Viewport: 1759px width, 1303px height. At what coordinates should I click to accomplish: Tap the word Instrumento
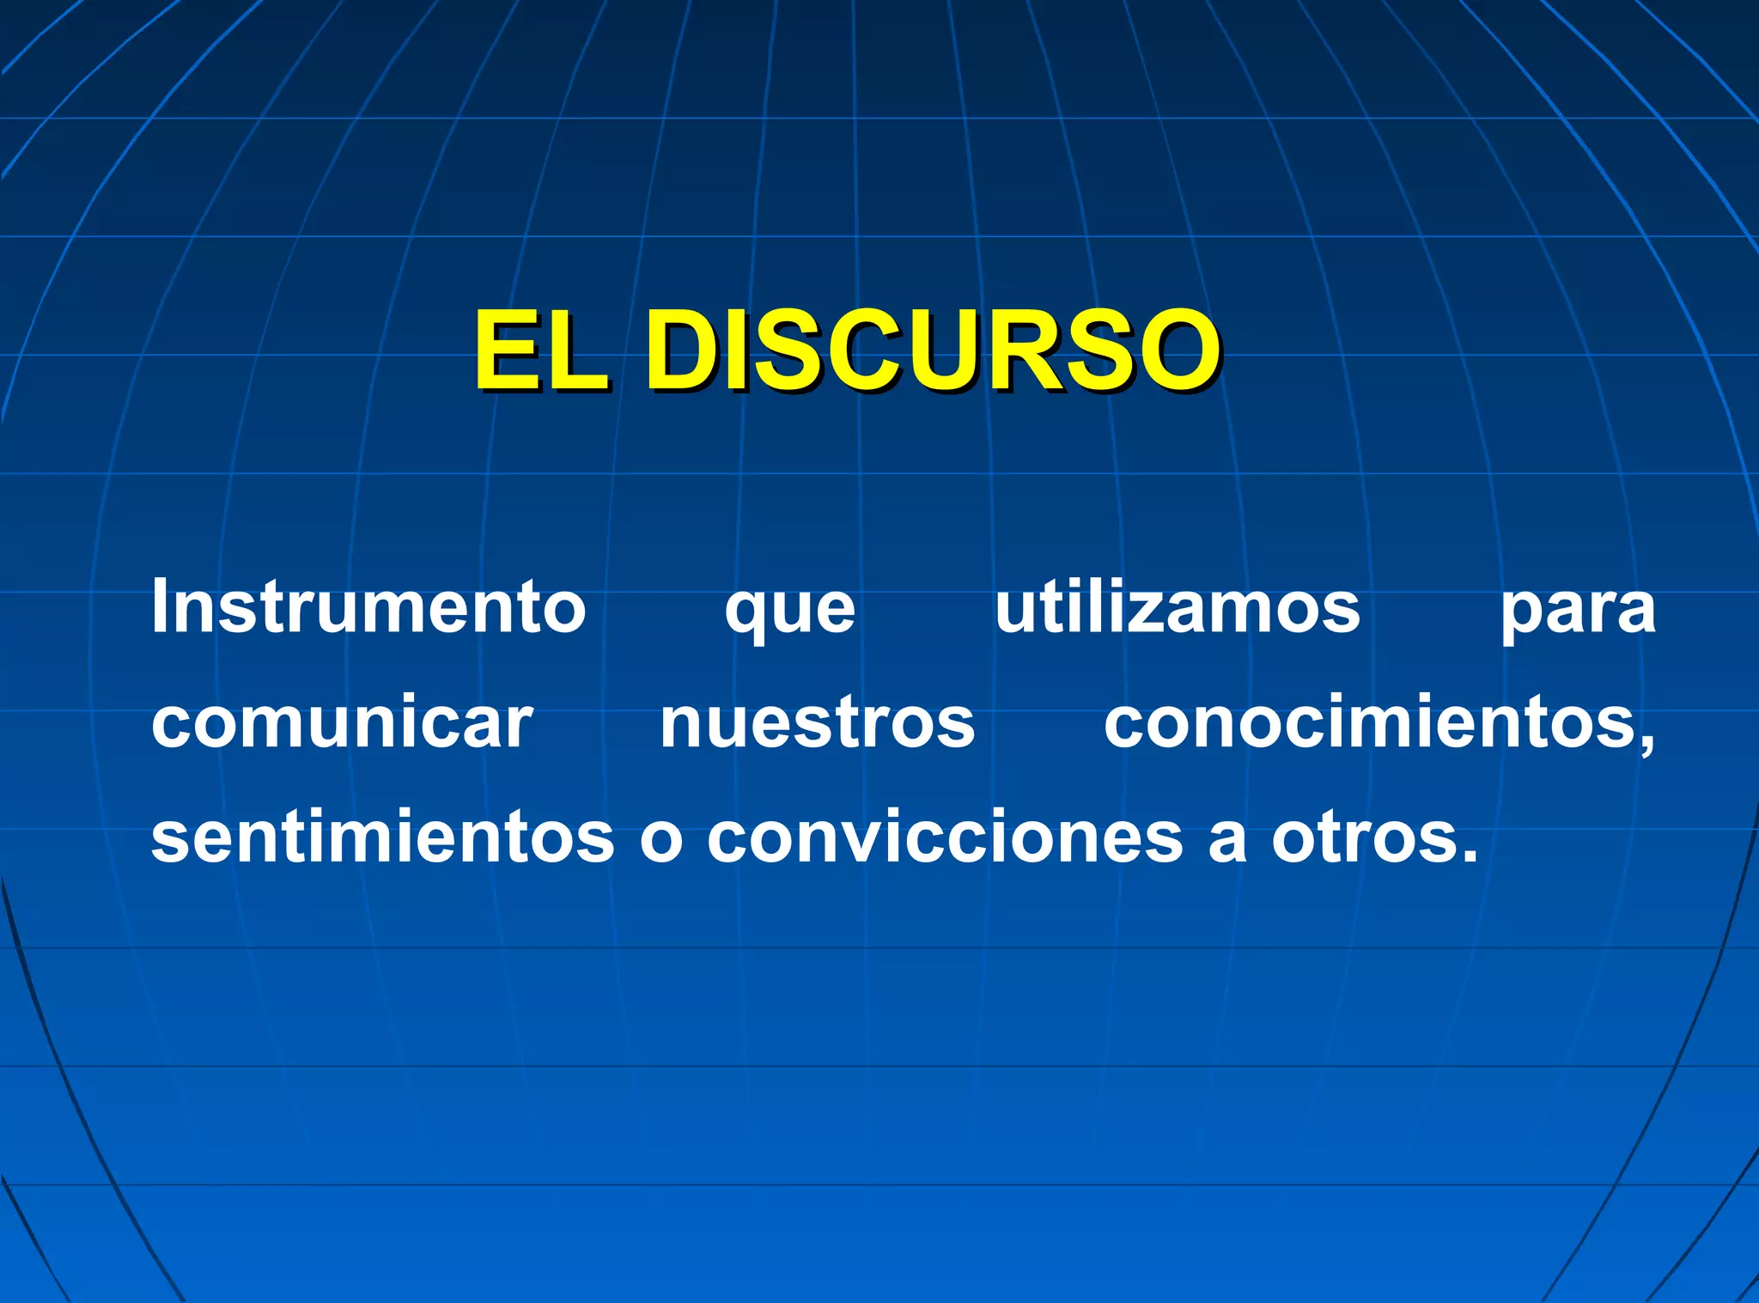pyautogui.click(x=368, y=606)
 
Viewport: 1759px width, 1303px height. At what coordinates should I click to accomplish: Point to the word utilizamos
pyautogui.click(x=1177, y=606)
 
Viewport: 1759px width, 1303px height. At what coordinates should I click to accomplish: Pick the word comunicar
pyautogui.click(x=342, y=722)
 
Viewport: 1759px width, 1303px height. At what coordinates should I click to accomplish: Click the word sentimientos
pyautogui.click(x=382, y=837)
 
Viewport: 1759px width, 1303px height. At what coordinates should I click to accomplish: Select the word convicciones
pyautogui.click(x=945, y=837)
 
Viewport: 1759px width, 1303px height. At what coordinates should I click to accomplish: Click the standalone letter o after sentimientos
pyautogui.click(x=660, y=842)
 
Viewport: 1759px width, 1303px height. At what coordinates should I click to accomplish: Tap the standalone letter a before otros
pyautogui.click(x=1226, y=842)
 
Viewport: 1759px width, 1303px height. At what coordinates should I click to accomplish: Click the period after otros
pyautogui.click(x=1468, y=857)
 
